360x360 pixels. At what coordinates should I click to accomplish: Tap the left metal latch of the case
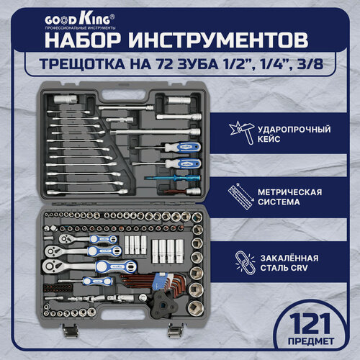pyautogui.click(x=69, y=330)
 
